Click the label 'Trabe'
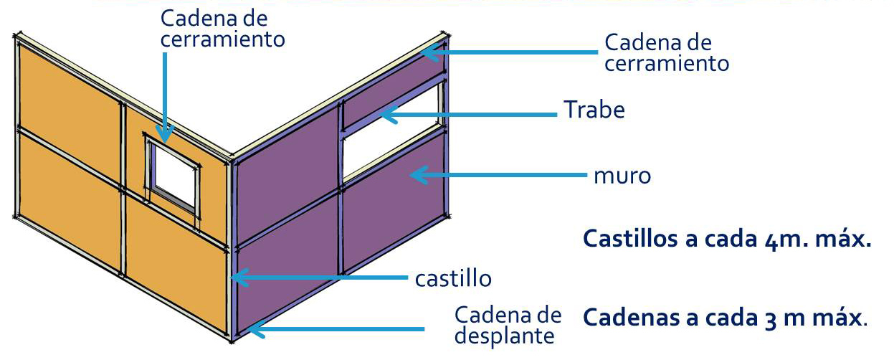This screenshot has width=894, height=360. point(594,110)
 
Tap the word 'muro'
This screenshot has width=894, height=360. point(622,174)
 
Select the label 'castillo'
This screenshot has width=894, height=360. point(454,277)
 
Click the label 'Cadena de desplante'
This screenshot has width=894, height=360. point(508,325)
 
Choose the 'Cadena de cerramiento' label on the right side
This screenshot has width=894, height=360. point(667,52)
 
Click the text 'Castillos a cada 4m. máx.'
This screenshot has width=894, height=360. point(727,239)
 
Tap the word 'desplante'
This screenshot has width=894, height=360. point(508,335)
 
